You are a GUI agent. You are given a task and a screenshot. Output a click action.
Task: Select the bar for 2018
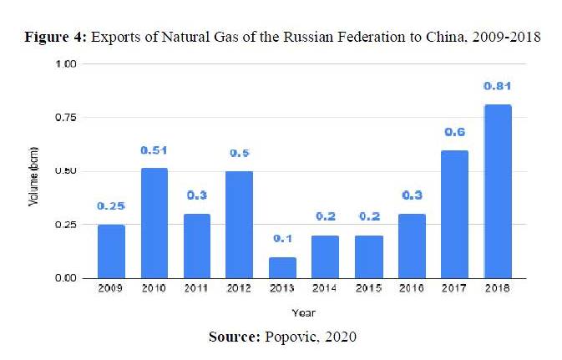(497, 191)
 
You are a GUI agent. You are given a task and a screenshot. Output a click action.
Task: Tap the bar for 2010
(154, 223)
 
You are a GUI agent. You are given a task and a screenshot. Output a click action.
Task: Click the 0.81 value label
(497, 86)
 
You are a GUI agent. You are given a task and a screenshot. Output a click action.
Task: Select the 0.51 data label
(154, 150)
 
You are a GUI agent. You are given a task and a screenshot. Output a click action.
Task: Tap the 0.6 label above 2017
(454, 132)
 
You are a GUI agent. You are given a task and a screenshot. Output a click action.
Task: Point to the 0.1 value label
(283, 239)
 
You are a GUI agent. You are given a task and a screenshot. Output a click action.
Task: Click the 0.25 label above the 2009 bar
(111, 205)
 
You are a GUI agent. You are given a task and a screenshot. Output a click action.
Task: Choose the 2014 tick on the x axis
(326, 288)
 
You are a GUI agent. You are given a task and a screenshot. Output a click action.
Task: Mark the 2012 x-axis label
(240, 288)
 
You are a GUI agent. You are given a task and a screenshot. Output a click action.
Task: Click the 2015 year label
(368, 288)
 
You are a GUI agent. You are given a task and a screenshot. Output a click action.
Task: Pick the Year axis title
(303, 312)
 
